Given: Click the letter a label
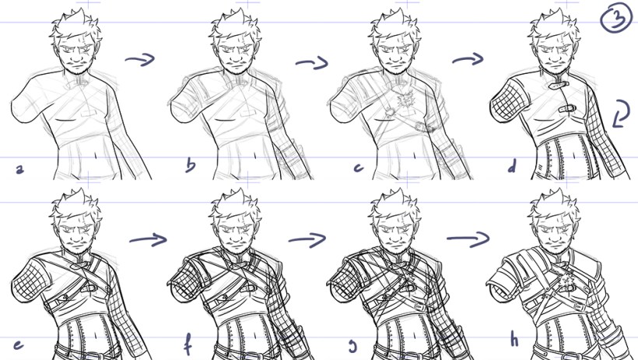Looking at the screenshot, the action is point(20,169).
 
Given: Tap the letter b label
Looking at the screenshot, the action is point(191,164).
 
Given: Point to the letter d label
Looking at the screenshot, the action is point(511,165).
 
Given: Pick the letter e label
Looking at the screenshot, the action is point(18,345).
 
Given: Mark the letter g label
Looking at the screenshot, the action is point(352,347).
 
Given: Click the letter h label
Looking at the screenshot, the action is point(514,340).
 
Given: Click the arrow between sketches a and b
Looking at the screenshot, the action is point(140,60).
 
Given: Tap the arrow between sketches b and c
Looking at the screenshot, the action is point(312,63).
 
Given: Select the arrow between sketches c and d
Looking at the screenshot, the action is point(468,60).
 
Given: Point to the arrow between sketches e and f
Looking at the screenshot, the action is point(149,239).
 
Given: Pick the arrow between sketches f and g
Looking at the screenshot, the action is point(307,239).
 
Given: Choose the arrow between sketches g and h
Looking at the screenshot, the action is point(468,239).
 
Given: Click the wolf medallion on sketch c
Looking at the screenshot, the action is point(405,99).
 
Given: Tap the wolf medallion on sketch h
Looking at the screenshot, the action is point(565,281).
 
